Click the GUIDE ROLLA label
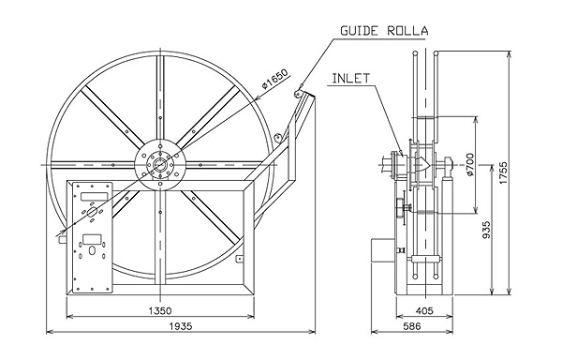pos(384,31)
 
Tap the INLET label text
pos(350,78)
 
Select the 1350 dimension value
pos(160,310)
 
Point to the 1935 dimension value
pos(181,326)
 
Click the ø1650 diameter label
pos(274,79)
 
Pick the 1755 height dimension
pos(504,173)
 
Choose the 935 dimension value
pos(486,230)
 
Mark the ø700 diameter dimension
pos(470,164)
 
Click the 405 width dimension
pos(425,310)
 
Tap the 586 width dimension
pos(412,326)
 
